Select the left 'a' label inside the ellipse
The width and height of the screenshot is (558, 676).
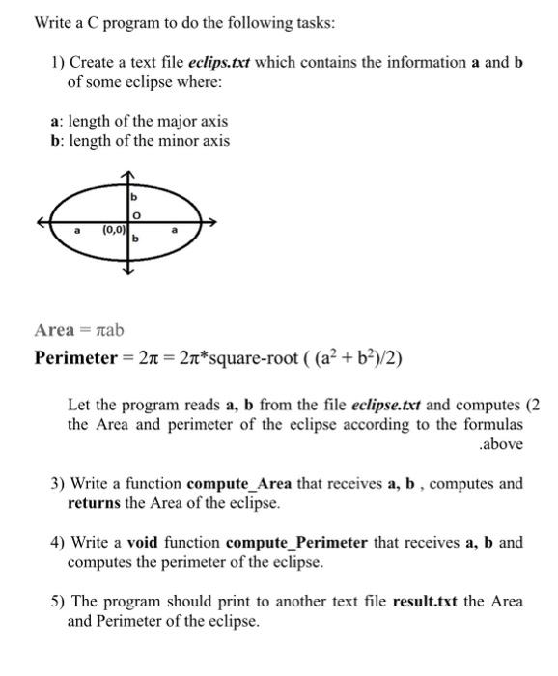76,230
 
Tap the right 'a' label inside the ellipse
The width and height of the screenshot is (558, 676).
175,230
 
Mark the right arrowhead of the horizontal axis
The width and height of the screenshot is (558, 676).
211,222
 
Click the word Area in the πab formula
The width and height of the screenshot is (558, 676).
54,330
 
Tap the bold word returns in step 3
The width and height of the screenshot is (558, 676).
95,502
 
